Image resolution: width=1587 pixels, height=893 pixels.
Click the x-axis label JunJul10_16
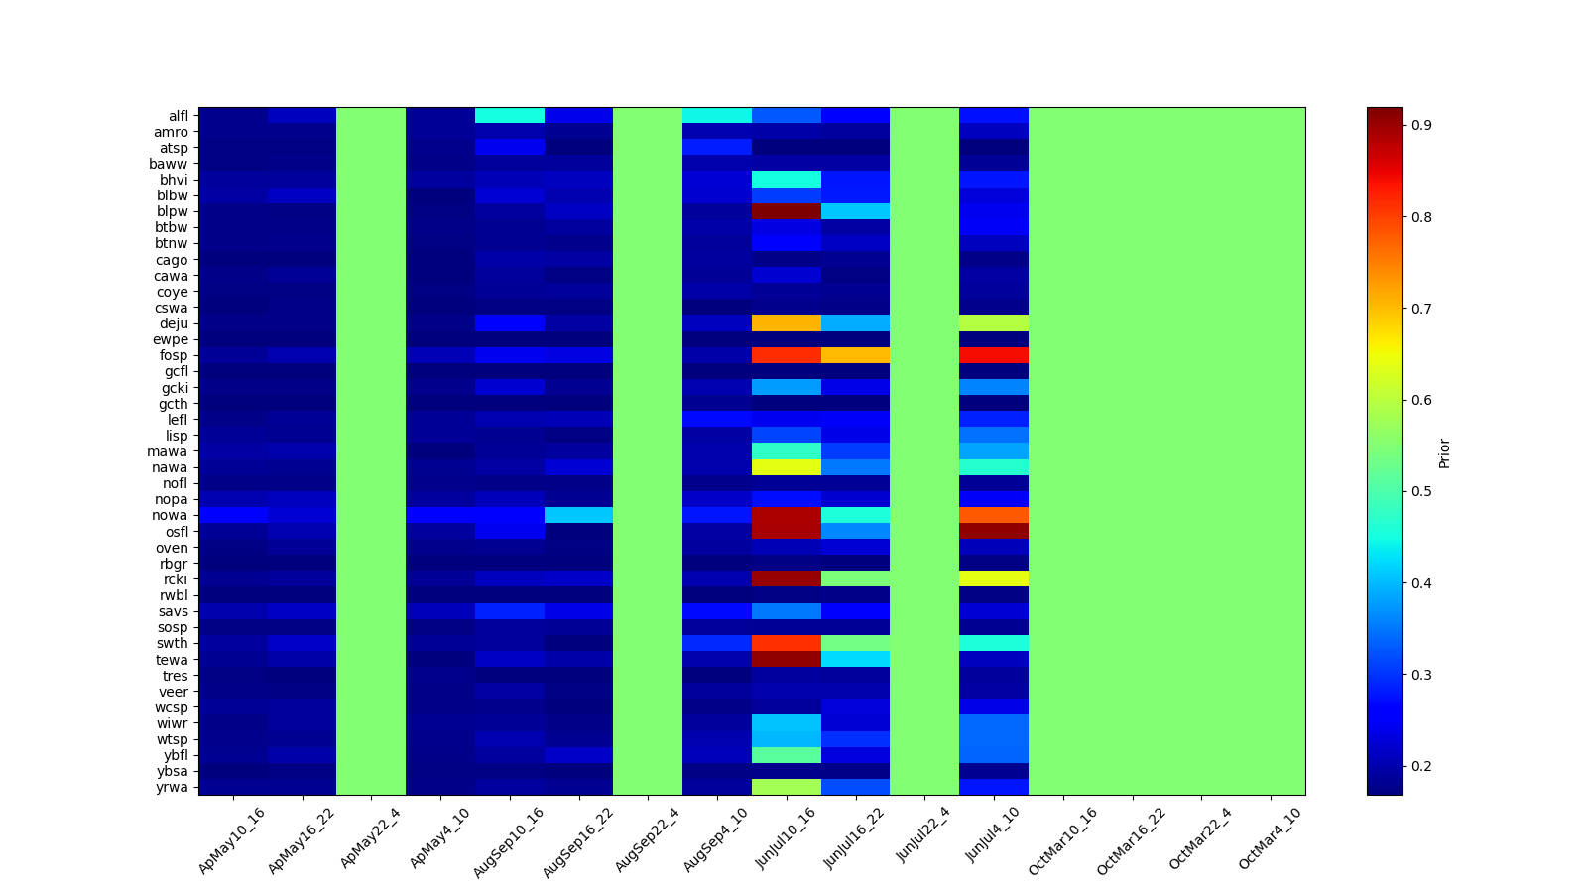click(786, 838)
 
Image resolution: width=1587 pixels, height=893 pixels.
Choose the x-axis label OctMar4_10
click(1270, 838)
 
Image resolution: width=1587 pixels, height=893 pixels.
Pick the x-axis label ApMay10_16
click(232, 839)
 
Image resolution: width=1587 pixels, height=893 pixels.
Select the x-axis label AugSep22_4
click(647, 839)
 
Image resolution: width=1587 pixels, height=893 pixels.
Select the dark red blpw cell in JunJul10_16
click(787, 211)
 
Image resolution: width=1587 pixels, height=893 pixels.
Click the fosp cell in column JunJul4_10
click(994, 355)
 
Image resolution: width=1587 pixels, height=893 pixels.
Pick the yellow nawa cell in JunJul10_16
click(787, 467)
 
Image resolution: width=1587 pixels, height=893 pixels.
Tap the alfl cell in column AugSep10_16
click(510, 115)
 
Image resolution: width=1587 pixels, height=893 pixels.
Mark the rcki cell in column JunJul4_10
click(994, 579)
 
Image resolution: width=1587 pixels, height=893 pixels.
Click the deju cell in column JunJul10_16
click(787, 323)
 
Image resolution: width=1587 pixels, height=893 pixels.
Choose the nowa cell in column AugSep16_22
click(578, 515)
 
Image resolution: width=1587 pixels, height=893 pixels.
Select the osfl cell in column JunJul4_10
click(994, 532)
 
